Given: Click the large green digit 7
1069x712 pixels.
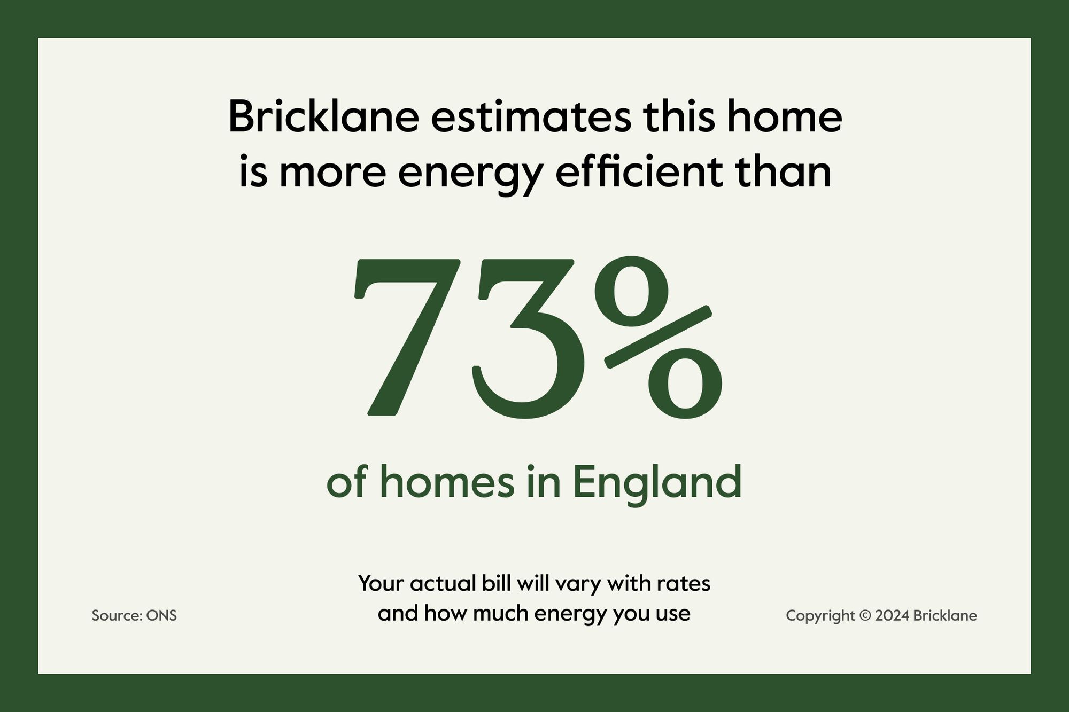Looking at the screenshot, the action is click(x=406, y=337).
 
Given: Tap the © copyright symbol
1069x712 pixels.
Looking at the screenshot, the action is click(x=865, y=616).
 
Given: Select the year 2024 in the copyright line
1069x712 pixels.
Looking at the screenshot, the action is click(x=892, y=616).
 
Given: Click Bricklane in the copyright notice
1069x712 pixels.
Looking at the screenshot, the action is click(x=945, y=615).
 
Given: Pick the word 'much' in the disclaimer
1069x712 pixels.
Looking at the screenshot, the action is click(x=501, y=613).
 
